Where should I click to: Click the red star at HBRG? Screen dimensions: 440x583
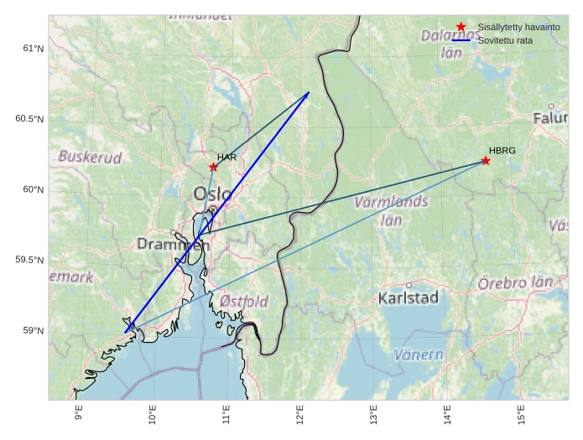[486, 160]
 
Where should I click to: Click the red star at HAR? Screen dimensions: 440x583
[213, 167]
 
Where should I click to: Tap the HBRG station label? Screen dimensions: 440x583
[502, 151]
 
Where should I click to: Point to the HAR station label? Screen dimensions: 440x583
[226, 158]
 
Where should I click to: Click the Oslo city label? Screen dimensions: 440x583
[212, 194]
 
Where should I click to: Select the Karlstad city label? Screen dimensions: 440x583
[409, 298]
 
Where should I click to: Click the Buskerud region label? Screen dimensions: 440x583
[90, 157]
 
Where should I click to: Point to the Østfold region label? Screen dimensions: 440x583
[244, 301]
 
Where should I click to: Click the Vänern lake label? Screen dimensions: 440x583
[419, 355]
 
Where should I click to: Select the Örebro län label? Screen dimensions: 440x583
[515, 282]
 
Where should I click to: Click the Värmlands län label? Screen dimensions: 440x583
[392, 210]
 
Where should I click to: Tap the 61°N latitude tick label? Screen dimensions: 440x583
[31, 48]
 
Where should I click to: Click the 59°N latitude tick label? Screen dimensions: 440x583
[31, 331]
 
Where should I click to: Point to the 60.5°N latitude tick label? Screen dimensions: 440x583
[28, 119]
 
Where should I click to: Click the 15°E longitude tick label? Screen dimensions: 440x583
[521, 414]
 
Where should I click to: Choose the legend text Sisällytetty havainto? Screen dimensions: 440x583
[518, 28]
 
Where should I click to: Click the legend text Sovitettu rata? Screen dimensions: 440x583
[505, 40]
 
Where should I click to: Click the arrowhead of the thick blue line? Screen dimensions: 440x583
[307, 93]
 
